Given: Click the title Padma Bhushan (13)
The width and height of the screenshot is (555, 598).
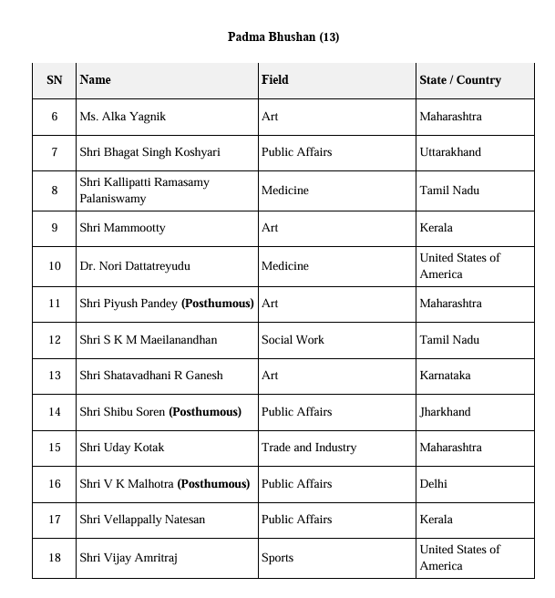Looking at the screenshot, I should click(x=283, y=36).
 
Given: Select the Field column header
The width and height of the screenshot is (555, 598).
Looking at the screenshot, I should click(x=274, y=80).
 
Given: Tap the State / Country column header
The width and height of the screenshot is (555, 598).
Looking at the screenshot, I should click(x=460, y=80).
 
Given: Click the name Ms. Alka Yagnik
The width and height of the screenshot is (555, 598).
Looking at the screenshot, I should click(x=122, y=117).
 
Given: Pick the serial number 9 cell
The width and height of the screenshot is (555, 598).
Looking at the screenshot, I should click(x=55, y=228).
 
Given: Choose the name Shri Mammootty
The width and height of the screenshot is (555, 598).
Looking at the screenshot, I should click(x=122, y=228).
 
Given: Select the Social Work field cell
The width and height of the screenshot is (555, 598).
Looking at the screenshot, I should click(x=293, y=340).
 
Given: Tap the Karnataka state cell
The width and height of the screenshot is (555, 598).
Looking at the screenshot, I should click(x=445, y=376).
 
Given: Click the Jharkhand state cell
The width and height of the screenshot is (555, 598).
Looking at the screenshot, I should click(x=445, y=412).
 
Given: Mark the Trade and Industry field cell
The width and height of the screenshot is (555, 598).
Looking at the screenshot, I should click(x=309, y=448).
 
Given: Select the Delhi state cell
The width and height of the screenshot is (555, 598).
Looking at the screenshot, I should click(x=434, y=484).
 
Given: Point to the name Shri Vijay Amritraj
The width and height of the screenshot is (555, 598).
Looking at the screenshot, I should click(x=128, y=558).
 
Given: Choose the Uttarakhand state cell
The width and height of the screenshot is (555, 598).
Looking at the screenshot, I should click(x=450, y=152).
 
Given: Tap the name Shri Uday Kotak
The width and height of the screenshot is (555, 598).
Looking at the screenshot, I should click(x=122, y=448).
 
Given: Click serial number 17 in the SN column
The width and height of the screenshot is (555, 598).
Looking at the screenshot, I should click(x=55, y=520).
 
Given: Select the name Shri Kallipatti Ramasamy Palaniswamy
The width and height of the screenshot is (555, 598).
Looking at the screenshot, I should click(x=144, y=191).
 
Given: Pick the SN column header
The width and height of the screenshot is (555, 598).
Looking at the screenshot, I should click(x=55, y=80).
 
